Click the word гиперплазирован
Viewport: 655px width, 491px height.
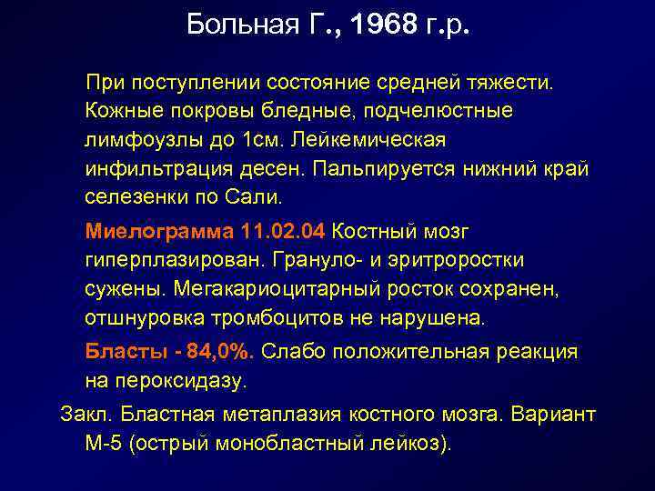172,260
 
